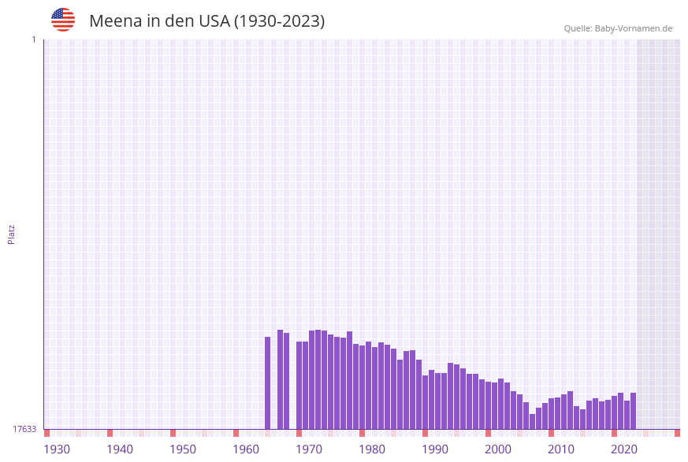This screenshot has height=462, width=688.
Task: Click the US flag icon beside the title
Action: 63,20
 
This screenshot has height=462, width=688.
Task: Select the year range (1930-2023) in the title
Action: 279,21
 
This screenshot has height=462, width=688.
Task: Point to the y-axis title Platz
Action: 12,234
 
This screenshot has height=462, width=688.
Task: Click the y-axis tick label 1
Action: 34,39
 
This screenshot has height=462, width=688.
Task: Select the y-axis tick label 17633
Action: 24,429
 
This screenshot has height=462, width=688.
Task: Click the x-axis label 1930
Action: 57,449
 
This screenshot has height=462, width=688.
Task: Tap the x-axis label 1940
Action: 120,449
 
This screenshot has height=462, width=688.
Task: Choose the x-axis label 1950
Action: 183,449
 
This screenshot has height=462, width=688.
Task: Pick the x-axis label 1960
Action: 246,449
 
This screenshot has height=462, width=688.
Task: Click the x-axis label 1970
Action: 309,449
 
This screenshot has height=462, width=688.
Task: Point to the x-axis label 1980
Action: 372,449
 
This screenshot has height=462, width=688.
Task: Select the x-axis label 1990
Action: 435,449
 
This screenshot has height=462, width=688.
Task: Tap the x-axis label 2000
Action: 498,449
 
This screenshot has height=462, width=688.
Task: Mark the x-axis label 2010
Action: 561,449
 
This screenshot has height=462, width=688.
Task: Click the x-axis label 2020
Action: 624,449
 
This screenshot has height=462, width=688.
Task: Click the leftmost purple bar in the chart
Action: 268,383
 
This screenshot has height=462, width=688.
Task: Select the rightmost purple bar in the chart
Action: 633,411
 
